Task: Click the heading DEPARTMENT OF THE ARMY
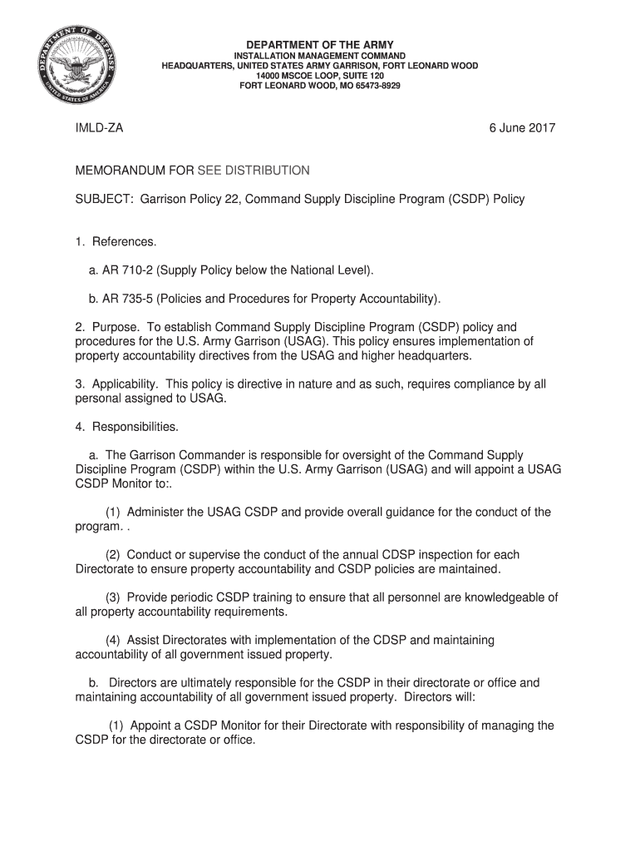click(319, 44)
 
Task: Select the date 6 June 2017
click(521, 128)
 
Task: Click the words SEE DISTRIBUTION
click(254, 171)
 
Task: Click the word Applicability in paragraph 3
click(125, 384)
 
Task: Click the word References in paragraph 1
click(125, 241)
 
